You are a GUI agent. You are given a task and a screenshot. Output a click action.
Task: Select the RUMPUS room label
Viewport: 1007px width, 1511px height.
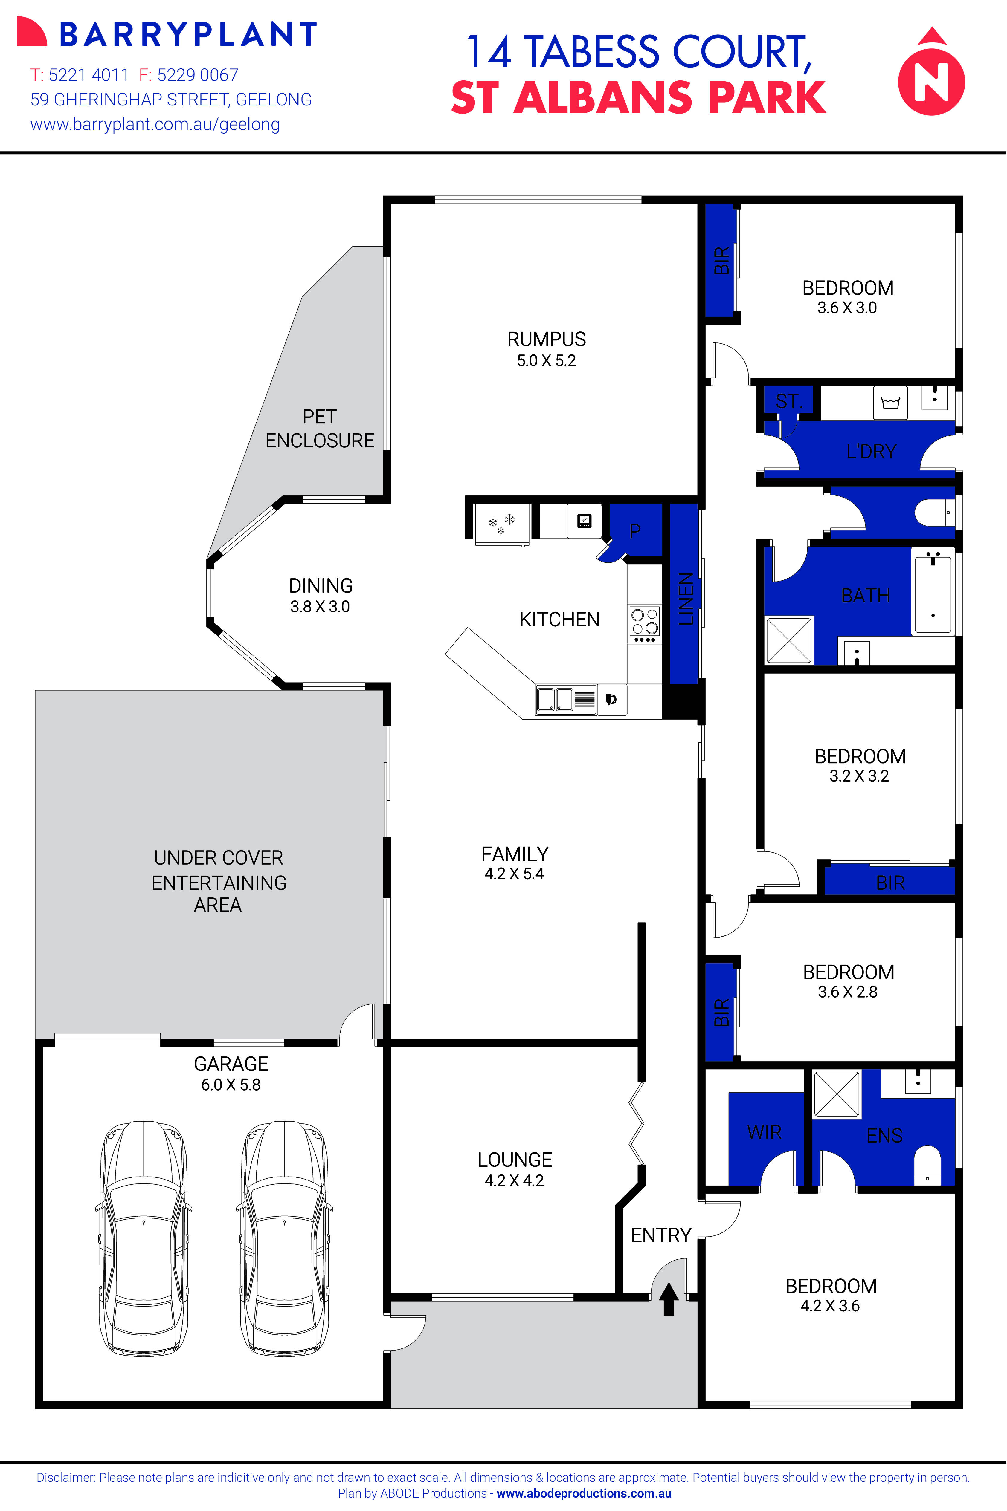coord(547,339)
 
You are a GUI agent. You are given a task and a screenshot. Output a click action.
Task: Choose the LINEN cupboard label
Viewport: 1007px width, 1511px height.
coord(685,599)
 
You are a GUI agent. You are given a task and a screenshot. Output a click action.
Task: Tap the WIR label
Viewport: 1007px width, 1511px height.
coord(764,1132)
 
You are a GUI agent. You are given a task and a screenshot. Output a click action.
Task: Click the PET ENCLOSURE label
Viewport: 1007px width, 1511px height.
coord(320,429)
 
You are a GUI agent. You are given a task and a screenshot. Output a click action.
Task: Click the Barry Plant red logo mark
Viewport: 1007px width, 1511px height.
coord(31,32)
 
